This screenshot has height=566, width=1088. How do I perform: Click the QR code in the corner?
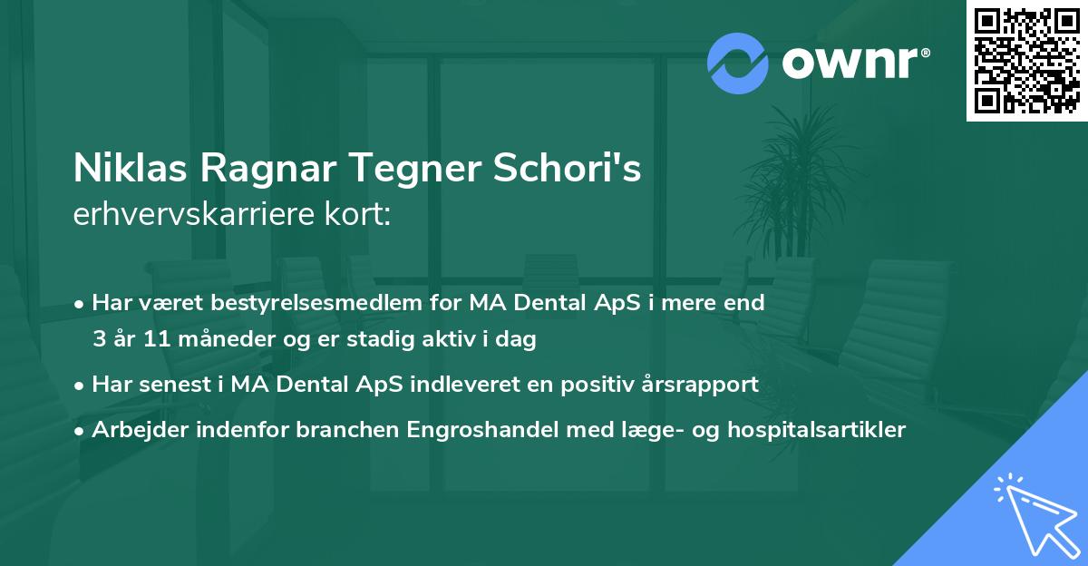coord(1026,61)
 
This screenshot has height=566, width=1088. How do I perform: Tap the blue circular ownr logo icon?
coord(737,63)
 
